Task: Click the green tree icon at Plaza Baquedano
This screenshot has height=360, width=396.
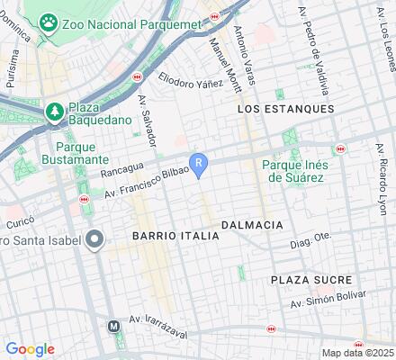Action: tap(53, 111)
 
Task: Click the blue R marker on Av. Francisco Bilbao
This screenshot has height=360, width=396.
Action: tap(202, 162)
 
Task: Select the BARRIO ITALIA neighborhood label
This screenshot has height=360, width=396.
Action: tap(175, 235)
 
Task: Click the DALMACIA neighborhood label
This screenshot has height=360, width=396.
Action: tap(252, 224)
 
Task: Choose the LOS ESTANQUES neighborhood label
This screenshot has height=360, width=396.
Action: tap(285, 108)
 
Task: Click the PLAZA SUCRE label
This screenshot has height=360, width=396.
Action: tap(311, 280)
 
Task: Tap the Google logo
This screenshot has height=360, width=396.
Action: tap(30, 349)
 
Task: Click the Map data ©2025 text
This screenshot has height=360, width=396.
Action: tap(357, 353)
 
